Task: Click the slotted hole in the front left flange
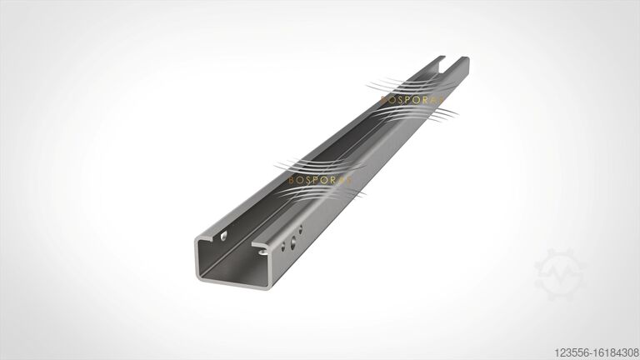click(x=223, y=237)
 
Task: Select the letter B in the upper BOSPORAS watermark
click(x=382, y=99)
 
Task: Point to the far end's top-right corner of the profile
click(x=467, y=58)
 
